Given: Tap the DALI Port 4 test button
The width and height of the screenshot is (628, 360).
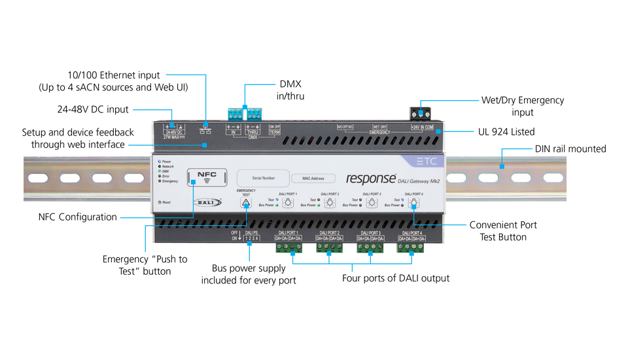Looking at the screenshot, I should click(414, 204).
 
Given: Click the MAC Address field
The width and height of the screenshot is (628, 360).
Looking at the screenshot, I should click(313, 177).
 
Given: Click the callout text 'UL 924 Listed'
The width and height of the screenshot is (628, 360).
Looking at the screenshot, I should click(506, 132).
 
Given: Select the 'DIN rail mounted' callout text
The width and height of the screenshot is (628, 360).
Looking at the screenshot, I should click(570, 149).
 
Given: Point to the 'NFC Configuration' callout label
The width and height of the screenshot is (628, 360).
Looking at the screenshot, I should click(78, 217).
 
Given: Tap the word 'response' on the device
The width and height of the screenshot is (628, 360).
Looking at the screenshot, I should click(370, 178).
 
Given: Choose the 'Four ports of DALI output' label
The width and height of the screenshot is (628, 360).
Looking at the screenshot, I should click(396, 278).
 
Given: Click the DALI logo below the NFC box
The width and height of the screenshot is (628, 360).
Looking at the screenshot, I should click(207, 202).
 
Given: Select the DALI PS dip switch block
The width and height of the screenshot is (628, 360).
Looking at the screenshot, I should click(252, 238).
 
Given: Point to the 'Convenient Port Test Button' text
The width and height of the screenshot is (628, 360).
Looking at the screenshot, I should click(503, 231).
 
